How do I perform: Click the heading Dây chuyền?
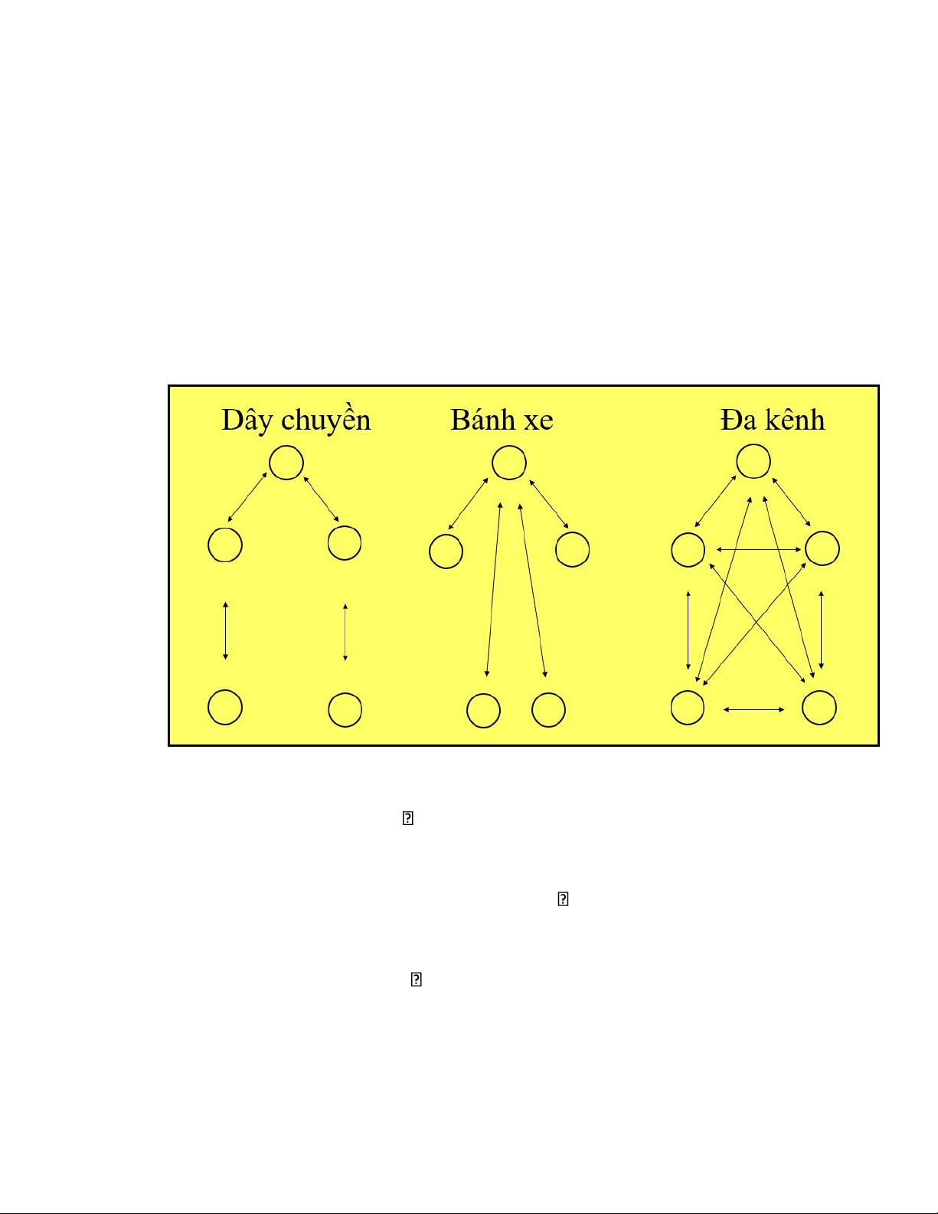coord(296,420)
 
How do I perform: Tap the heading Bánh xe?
coord(502,420)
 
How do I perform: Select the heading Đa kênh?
coord(772,420)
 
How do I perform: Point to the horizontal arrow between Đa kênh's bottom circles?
coord(753,709)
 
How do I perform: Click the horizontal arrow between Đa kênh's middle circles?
coord(759,550)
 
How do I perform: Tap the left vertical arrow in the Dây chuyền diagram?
coord(225,630)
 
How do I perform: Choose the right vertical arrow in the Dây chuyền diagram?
coord(345,632)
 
